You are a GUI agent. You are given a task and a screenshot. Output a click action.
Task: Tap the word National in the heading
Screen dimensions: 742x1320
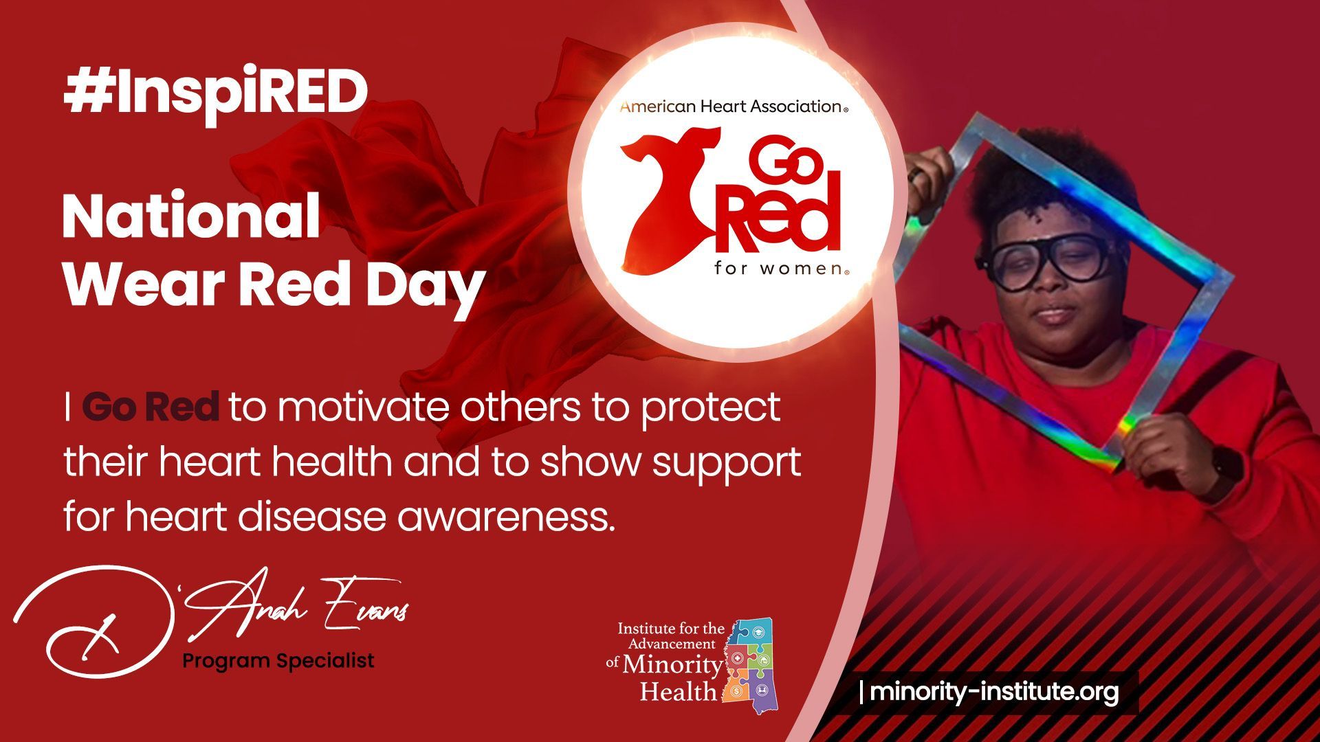(191, 216)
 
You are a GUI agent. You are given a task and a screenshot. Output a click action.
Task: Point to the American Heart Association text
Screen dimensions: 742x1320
(733, 106)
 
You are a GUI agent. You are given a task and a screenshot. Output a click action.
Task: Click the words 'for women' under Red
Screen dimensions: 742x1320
(781, 268)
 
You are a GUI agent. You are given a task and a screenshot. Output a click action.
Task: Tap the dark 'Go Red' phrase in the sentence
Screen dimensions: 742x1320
(151, 407)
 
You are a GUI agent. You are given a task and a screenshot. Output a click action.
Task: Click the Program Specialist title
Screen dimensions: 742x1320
(278, 661)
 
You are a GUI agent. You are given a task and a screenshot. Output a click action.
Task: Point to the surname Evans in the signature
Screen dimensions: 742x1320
(364, 608)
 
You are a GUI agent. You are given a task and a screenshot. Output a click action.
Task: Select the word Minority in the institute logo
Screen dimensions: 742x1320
(672, 665)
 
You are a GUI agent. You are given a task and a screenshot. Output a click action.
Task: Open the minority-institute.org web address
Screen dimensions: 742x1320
(994, 692)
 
